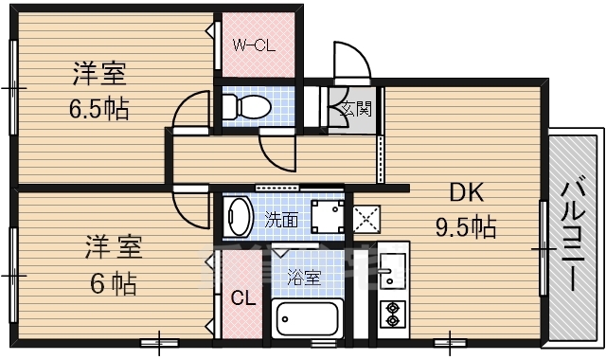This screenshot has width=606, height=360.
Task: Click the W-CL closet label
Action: click(254, 46)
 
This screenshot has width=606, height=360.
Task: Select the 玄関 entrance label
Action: click(356, 109)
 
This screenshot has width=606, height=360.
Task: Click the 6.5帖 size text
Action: click(98, 109)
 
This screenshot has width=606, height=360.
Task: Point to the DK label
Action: click(467, 192)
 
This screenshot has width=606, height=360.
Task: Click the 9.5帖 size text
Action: click(466, 227)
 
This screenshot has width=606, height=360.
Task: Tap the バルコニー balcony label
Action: click(573, 233)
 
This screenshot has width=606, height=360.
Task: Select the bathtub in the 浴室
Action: click(308, 319)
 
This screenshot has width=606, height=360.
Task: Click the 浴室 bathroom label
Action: click(304, 278)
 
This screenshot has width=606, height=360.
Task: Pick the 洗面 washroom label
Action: click(281, 221)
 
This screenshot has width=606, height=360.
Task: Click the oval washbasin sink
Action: click(238, 217)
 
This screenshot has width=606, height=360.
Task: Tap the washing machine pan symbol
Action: click(328, 217)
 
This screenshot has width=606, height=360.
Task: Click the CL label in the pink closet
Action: click(243, 297)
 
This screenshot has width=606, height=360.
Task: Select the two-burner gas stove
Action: click(393, 314)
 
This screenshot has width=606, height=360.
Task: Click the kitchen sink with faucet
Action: click(392, 270)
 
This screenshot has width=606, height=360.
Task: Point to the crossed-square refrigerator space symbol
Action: click(366, 219)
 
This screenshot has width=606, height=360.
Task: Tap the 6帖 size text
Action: click(113, 283)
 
